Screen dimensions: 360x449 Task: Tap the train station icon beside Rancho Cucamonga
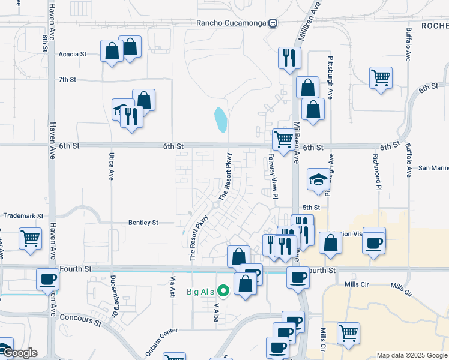coord(273,23)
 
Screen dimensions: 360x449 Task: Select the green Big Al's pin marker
coord(223,292)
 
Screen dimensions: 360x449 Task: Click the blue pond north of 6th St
coord(221,120)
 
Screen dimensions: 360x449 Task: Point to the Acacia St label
coord(73,54)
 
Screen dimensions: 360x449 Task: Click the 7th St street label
coord(67,79)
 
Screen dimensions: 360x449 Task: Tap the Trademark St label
coord(24,215)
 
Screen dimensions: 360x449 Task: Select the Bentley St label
coord(143,222)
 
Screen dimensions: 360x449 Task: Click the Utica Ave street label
coord(111,167)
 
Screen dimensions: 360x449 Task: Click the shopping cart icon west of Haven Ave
coord(30,238)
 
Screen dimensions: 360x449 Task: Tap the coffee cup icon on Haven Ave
coord(47,279)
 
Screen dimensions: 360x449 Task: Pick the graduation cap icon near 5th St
coord(318,179)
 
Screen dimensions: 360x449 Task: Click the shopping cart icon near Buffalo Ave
coord(381,77)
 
